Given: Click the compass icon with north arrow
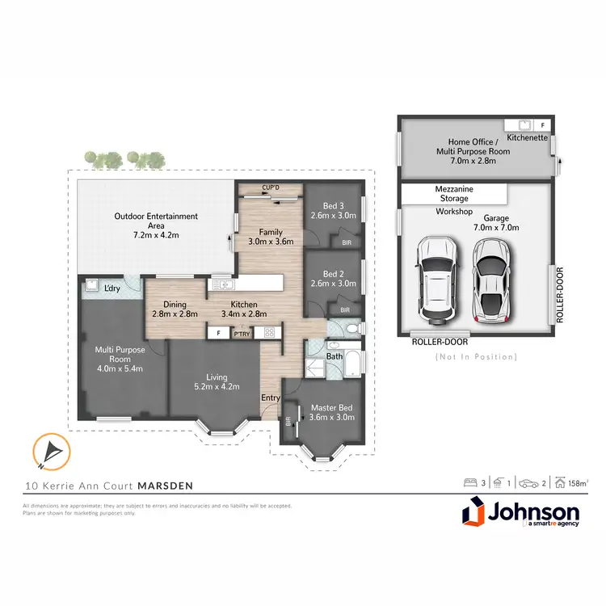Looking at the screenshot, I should tap(48, 452).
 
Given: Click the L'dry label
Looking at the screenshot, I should tap(112, 288).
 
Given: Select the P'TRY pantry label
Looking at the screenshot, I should tap(242, 332).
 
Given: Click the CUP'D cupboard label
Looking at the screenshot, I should tap(270, 187).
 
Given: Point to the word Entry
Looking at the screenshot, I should tap(270, 398).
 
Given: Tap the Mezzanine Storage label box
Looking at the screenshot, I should tap(454, 195).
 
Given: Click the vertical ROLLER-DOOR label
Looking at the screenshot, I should tap(558, 295).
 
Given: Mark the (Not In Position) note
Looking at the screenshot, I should tap(476, 356).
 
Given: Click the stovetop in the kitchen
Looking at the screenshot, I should tap(270, 332).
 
